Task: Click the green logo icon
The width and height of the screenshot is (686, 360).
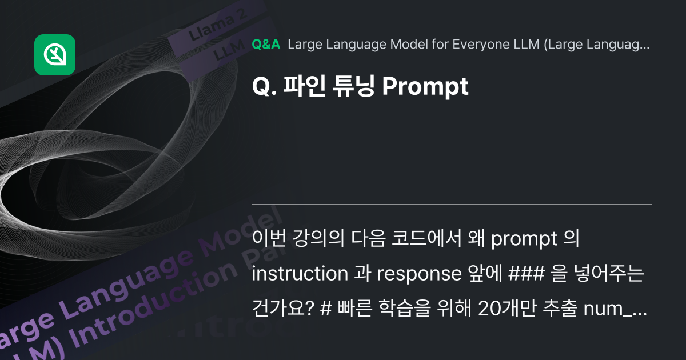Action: point(55,55)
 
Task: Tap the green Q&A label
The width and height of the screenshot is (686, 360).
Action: point(266,45)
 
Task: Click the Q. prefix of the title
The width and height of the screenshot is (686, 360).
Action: point(264,87)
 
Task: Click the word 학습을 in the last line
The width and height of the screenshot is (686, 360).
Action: point(400,308)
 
